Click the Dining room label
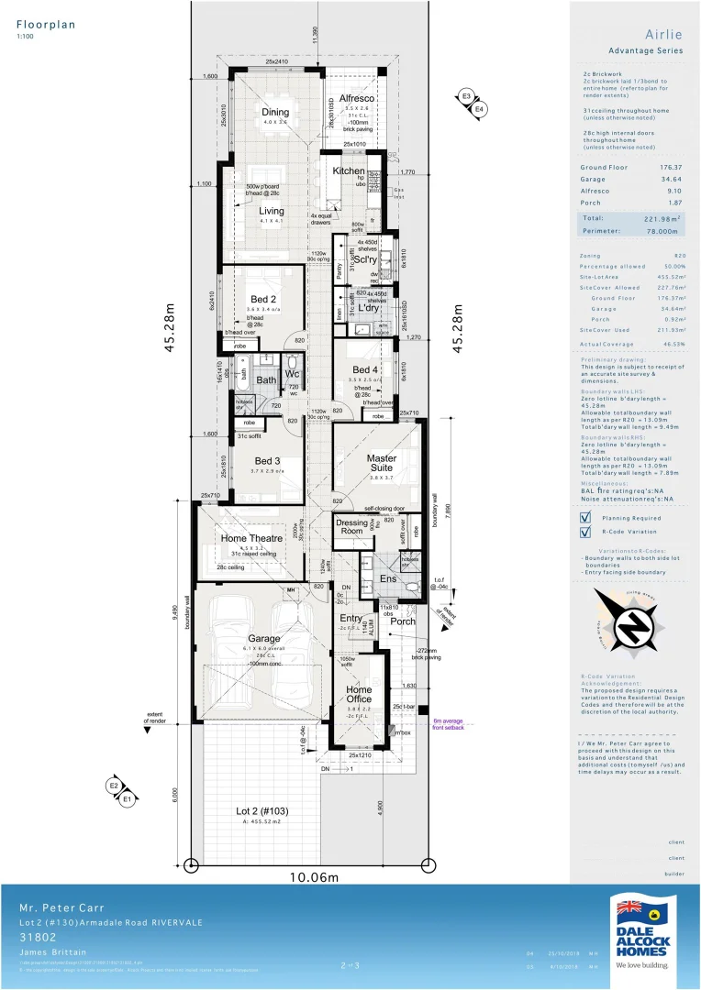coord(275,113)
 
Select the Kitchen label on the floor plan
coord(349,171)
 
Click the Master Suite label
coord(381,463)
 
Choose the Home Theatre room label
coord(251,538)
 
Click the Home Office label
coord(359,695)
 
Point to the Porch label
coord(402,621)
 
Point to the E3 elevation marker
coord(466,96)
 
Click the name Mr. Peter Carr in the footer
coord(54,907)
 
